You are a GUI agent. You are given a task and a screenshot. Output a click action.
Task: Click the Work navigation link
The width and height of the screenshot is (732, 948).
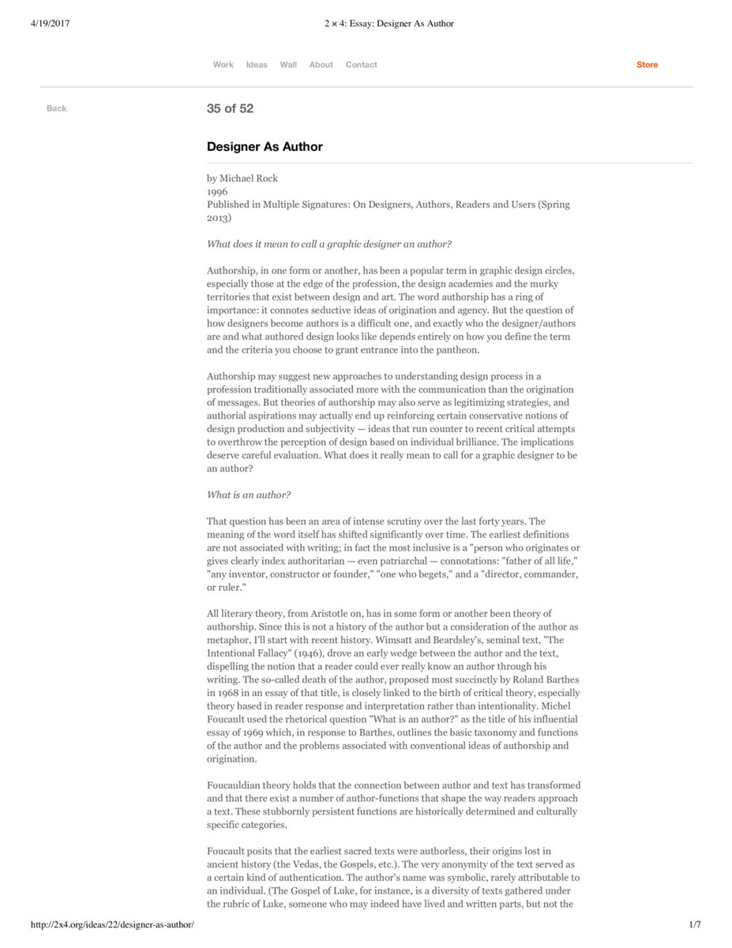coord(223,65)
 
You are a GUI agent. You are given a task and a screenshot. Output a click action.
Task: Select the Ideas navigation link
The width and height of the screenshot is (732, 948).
coord(257,65)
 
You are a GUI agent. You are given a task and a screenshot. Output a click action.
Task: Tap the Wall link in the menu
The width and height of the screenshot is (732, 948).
coord(288,65)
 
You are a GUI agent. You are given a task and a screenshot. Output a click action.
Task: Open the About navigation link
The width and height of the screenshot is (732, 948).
coord(321,65)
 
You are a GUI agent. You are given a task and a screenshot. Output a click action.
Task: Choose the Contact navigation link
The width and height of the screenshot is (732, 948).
coord(361,65)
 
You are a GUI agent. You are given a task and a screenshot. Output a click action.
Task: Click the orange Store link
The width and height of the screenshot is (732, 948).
coord(647,65)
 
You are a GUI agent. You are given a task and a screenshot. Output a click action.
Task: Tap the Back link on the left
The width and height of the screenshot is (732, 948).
coord(57,108)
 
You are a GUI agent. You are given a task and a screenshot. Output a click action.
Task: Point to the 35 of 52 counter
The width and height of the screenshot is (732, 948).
coord(230,109)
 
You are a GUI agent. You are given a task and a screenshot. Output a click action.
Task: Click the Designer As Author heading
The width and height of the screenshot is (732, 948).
coord(265,147)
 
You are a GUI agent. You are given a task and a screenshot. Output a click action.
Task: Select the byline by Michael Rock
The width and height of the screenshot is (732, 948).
coord(242,179)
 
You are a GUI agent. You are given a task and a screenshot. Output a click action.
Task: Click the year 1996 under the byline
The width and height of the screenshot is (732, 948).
coord(217,191)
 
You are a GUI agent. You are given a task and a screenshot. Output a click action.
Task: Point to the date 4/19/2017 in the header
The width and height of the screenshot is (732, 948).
coord(51,24)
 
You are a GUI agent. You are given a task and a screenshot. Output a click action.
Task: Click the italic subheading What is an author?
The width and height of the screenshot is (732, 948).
coord(249,495)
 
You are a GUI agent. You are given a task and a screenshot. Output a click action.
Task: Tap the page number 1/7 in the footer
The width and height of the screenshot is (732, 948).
coord(695,924)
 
